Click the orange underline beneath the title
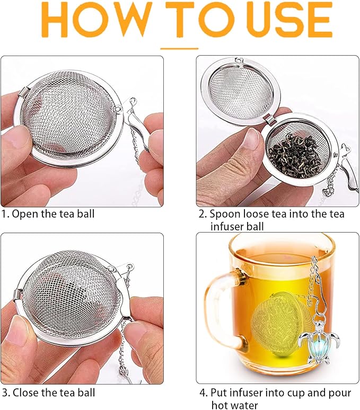[x=179, y=48]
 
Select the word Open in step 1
[x=24, y=215]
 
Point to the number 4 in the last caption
[x=202, y=393]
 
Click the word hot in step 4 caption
[x=220, y=405]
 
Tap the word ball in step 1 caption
[x=87, y=215]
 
